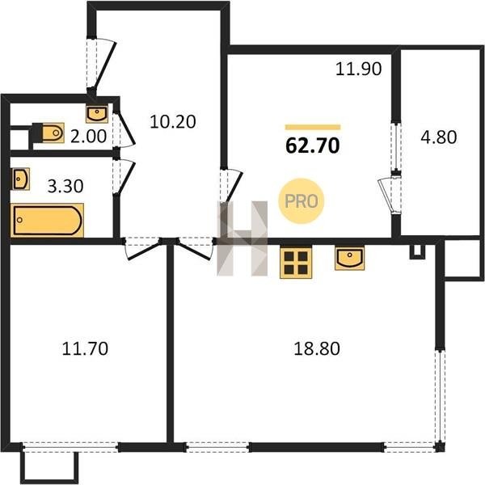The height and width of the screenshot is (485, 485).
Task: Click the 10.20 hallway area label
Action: pos(173,121)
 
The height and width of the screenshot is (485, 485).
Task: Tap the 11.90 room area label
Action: pos(358,69)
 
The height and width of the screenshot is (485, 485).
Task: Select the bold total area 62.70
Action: pos(312,145)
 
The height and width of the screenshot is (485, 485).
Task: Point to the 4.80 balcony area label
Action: pos(439,137)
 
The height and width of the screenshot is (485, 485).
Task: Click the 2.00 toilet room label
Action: pos(88,137)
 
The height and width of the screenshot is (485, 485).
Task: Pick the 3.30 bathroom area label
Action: pos(65,186)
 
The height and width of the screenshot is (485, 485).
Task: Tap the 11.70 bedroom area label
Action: pos(85,348)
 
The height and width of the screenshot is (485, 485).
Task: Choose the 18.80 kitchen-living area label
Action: pos(317,348)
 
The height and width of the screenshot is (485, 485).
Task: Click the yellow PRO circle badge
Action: pos(301,201)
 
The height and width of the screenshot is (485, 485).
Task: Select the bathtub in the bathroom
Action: pos(47,220)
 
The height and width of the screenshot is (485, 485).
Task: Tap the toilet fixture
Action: pos(48,133)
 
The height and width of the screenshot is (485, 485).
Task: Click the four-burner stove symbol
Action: pos(296,262)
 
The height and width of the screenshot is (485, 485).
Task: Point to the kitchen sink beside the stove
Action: pos(349,258)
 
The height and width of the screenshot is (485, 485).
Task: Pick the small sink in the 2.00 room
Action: pos(97,114)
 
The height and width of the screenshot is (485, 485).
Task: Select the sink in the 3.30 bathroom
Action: pos(21,179)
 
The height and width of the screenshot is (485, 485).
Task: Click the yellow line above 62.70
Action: pos(313,127)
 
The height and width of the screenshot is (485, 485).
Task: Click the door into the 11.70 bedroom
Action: pos(143,249)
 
